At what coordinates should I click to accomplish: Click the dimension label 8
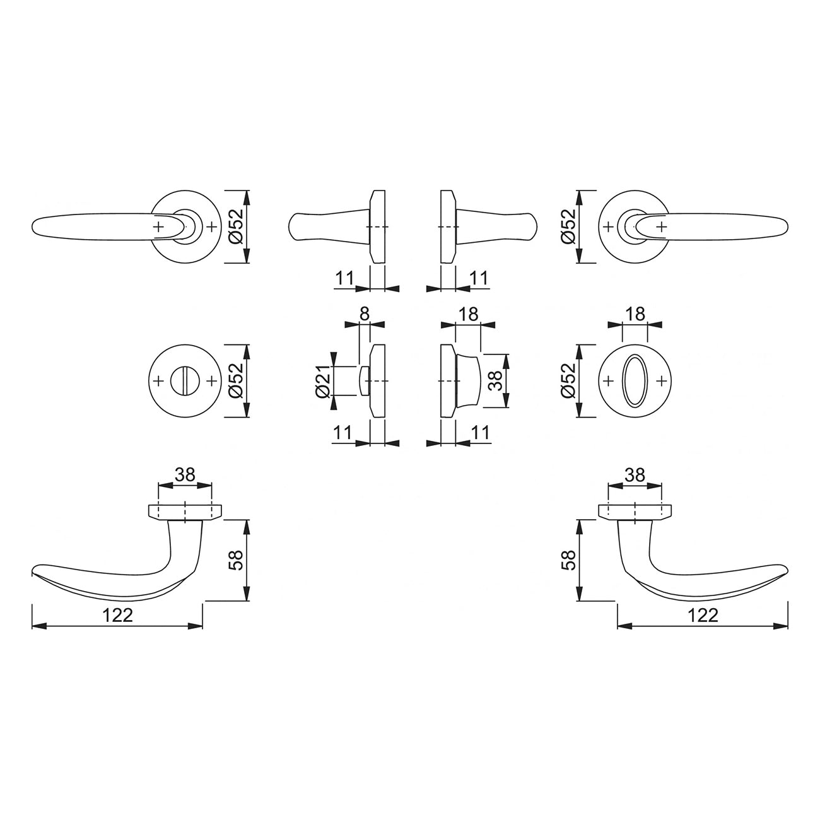coord(365,314)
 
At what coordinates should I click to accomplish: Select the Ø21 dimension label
coord(324,381)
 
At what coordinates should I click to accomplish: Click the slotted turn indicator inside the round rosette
coord(185,381)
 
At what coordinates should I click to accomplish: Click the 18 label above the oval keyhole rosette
coord(635,314)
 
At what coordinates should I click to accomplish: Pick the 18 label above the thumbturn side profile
coord(468,314)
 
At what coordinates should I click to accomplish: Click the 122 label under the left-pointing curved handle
coord(117,615)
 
